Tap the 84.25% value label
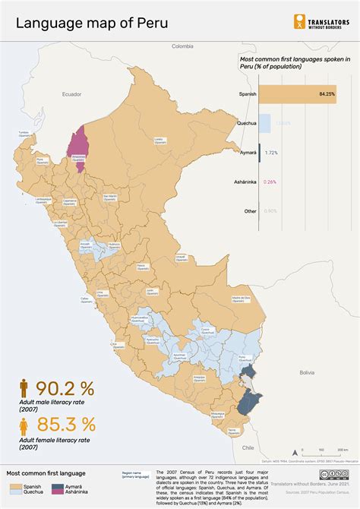tap(327, 94)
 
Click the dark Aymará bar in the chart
tap(260, 153)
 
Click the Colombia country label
tap(182, 46)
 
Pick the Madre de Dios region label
tap(241, 299)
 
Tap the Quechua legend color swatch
tap(12, 491)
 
